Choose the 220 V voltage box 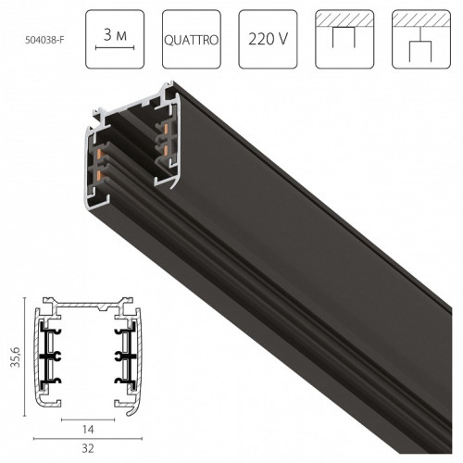(x=266, y=39)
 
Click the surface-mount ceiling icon (x=344, y=39)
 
